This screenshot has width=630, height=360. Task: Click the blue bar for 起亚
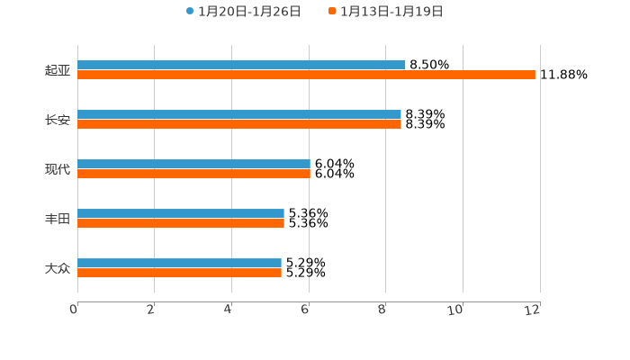coord(241,65)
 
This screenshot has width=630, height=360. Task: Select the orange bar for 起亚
coord(306,76)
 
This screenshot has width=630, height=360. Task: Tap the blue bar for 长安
coord(239,114)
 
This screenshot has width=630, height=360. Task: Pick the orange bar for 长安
coord(239,125)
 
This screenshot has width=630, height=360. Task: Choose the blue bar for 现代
coord(193,164)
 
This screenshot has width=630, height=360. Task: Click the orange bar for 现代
coord(193,175)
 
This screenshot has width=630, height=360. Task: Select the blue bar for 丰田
coord(181,213)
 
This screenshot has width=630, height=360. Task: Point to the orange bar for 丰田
coord(181,224)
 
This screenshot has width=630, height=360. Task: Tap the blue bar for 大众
coord(179,263)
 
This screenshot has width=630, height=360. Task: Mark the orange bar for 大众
coord(179,274)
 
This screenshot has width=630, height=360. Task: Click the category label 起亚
coord(58,70)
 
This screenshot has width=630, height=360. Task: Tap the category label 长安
coord(58,120)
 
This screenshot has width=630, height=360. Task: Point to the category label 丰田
coord(58,219)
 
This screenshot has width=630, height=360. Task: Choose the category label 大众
coord(58,268)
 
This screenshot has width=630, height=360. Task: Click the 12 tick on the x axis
coord(534,310)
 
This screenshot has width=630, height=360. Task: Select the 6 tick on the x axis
coord(306,310)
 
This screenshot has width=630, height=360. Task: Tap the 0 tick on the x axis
coord(74,310)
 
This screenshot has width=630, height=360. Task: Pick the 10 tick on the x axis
coord(455,310)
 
